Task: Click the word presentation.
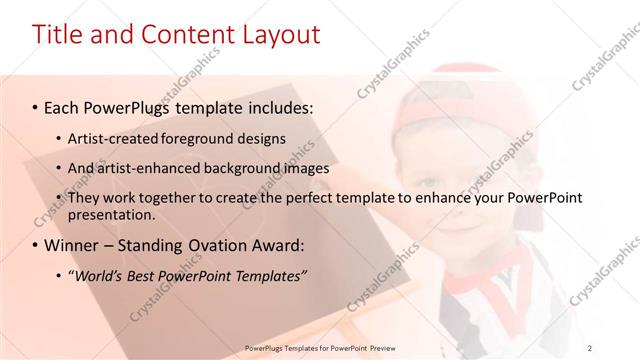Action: click(111, 214)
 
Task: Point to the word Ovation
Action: click(201, 245)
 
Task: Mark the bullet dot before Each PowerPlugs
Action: click(36, 106)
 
